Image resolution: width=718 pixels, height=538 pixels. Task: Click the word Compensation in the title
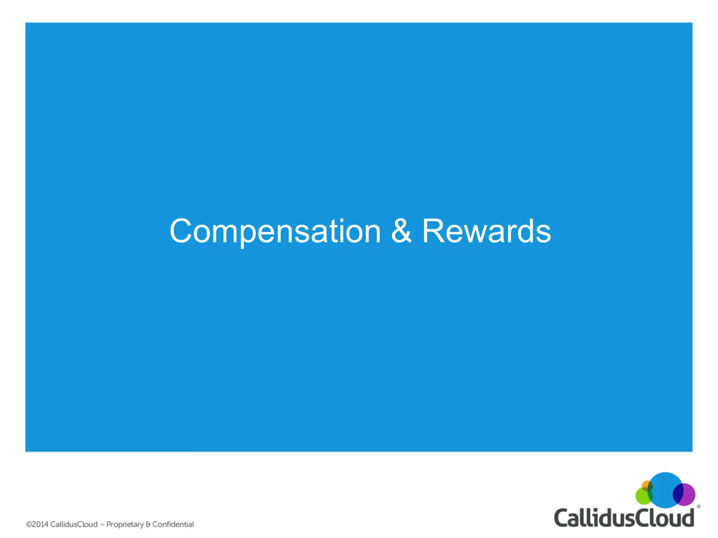pyautogui.click(x=275, y=231)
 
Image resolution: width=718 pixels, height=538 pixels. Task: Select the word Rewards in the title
pyautogui.click(x=486, y=231)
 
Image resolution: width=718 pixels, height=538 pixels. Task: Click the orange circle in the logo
pyautogui.click(x=646, y=485)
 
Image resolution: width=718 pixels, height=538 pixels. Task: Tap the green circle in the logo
pyautogui.click(x=642, y=496)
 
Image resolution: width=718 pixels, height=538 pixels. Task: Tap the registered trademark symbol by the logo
pyautogui.click(x=698, y=506)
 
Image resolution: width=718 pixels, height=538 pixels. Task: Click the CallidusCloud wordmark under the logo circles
pyautogui.click(x=624, y=518)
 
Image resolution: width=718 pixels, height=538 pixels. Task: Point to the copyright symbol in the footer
pyautogui.click(x=29, y=524)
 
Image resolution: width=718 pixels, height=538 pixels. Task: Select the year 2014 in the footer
pyautogui.click(x=40, y=524)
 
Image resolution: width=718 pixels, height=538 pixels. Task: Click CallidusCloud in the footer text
pyautogui.click(x=74, y=524)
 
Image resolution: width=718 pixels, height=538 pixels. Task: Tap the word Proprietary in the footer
pyautogui.click(x=125, y=524)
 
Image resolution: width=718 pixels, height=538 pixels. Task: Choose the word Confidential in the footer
pyautogui.click(x=173, y=524)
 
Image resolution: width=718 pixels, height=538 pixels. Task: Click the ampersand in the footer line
pyautogui.click(x=148, y=524)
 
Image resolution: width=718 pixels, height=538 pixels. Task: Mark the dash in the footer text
pyautogui.click(x=102, y=525)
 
